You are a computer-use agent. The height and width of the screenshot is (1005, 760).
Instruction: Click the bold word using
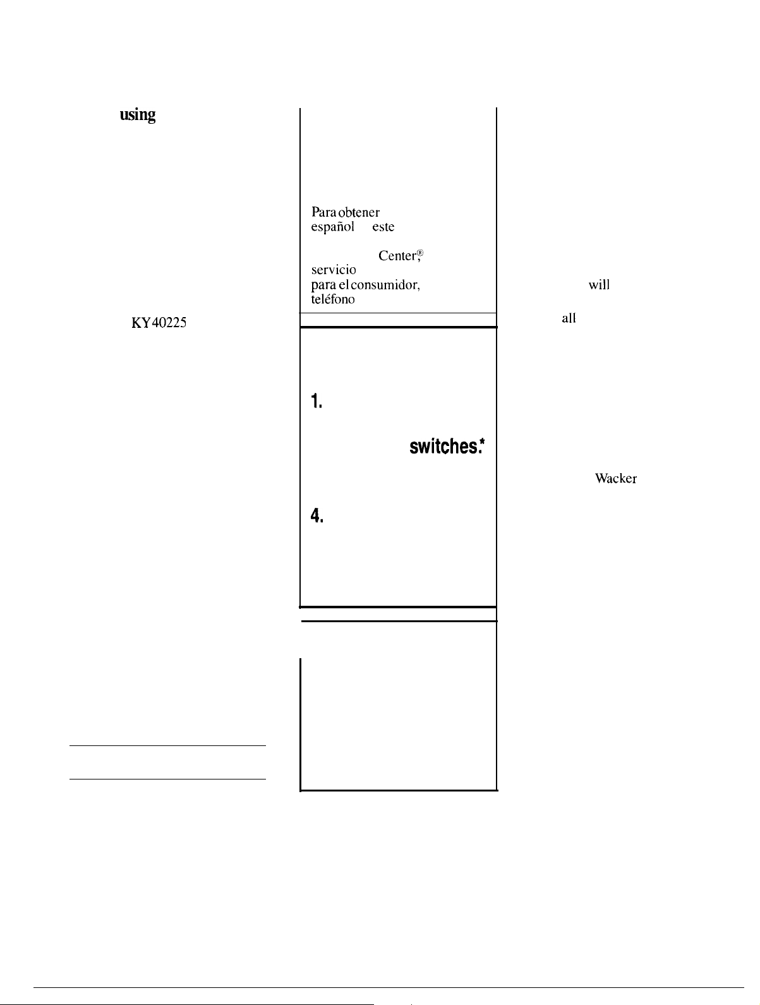[x=137, y=115]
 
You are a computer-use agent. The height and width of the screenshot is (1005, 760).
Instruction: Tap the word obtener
[x=358, y=212]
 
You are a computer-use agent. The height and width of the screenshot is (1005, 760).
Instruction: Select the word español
[x=332, y=227]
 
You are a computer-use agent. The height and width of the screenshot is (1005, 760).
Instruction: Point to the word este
[x=383, y=227]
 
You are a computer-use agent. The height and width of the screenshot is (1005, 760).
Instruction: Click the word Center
[x=397, y=255]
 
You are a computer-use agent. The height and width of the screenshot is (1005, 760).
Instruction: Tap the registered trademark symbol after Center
[x=420, y=253]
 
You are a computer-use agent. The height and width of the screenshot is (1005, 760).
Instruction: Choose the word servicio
[x=334, y=270]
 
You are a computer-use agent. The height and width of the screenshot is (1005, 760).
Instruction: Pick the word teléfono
[x=333, y=299]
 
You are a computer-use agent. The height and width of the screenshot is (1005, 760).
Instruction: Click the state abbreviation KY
[x=141, y=323]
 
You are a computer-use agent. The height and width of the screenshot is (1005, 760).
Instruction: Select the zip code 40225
[x=169, y=323]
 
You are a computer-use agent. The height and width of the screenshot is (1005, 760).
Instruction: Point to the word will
[x=599, y=285]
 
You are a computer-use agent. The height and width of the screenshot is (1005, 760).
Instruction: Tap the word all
[x=569, y=318]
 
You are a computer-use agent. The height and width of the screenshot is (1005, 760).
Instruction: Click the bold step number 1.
[x=317, y=401]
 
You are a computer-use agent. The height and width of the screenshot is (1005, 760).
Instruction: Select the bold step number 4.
[x=317, y=515]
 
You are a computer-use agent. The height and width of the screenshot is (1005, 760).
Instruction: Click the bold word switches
[x=444, y=447]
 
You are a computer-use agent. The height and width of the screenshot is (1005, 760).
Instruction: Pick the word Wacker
[x=616, y=478]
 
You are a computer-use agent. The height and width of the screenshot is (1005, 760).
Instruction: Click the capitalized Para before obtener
[x=323, y=212]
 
